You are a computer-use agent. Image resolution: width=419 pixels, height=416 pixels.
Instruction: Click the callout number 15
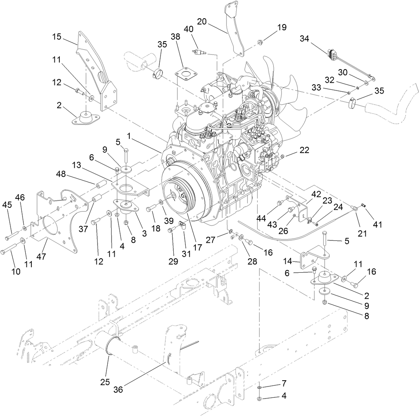click(57, 37)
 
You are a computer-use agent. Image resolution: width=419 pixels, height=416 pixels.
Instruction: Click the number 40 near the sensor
click(188, 29)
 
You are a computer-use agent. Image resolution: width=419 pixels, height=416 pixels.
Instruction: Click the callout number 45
click(7, 204)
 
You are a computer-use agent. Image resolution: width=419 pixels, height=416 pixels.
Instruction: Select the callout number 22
click(304, 150)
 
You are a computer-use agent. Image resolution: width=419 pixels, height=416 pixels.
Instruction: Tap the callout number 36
click(118, 389)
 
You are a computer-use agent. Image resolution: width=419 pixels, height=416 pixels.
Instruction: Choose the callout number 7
click(284, 383)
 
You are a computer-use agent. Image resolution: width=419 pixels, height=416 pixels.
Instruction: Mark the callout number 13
click(77, 165)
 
